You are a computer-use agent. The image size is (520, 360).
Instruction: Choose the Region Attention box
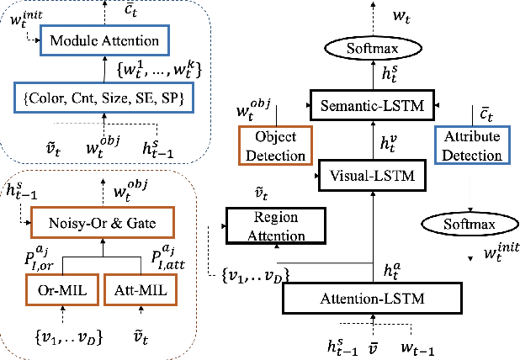tap(264, 225)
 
